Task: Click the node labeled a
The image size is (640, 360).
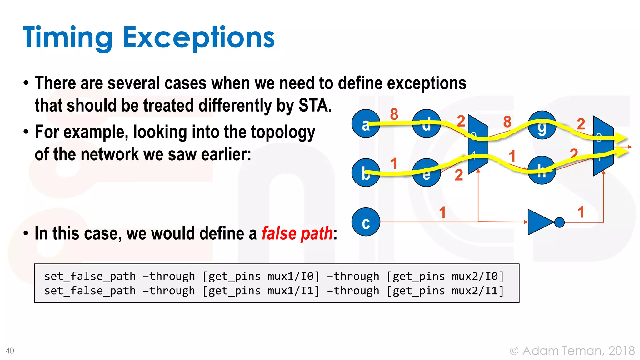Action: (366, 123)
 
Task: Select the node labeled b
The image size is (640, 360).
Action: (366, 173)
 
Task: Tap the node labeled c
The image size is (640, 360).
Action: (366, 222)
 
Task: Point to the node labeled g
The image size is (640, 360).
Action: (542, 125)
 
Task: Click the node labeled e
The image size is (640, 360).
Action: (426, 173)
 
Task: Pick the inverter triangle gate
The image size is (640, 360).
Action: (539, 222)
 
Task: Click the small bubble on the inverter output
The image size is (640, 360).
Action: (559, 222)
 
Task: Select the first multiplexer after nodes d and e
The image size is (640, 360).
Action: (478, 144)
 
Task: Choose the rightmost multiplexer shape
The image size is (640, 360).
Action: (603, 146)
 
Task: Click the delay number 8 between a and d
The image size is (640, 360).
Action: (394, 114)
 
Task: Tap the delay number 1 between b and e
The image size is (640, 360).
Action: (394, 163)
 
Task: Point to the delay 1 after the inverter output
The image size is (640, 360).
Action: (581, 212)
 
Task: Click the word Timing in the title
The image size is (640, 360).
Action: (67, 38)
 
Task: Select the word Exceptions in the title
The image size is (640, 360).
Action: (198, 38)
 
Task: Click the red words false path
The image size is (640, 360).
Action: (297, 233)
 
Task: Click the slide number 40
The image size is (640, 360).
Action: (10, 351)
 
